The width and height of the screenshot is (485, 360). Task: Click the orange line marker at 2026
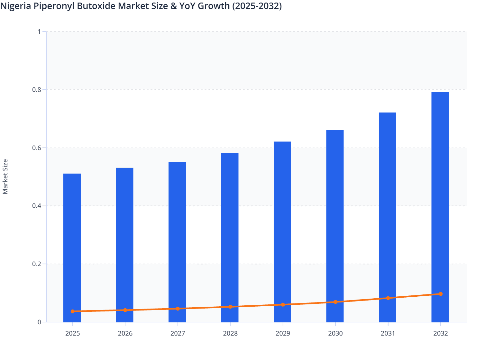coord(125,310)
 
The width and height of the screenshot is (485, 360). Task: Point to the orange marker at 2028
coord(230,307)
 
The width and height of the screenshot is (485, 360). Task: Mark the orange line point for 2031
coord(388,298)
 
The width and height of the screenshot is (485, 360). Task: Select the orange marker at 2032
coord(441,294)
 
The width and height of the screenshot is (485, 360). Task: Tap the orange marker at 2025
coord(73,311)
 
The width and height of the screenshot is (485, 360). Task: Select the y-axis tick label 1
coord(39,32)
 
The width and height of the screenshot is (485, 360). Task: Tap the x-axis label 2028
coord(230,333)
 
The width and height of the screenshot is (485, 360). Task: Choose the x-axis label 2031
coord(388,333)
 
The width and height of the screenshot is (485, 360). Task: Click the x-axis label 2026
coord(125,333)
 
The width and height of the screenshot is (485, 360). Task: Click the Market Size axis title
coord(5,176)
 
